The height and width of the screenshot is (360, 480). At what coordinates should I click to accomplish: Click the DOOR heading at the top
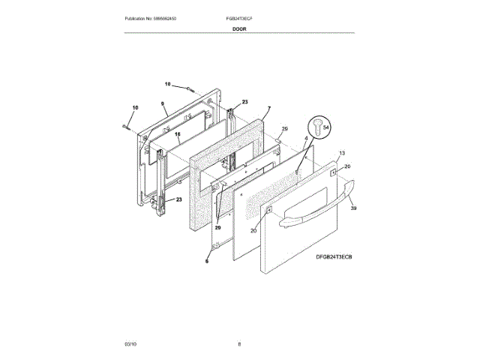click(239, 28)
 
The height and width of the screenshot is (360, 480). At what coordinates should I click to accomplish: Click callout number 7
click(268, 109)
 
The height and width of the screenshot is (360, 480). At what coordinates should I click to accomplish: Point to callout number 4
click(305, 139)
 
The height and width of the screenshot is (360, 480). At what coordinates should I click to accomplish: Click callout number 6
click(207, 261)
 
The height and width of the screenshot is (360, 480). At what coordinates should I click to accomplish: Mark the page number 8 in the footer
click(239, 343)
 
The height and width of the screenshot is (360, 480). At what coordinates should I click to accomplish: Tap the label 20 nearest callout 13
click(346, 166)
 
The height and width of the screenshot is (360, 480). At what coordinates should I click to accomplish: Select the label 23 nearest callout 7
click(244, 101)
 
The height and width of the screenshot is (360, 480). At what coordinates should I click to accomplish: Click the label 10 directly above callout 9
click(168, 84)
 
